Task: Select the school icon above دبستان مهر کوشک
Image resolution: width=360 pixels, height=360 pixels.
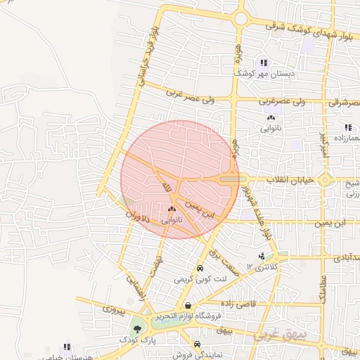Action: point(264,63)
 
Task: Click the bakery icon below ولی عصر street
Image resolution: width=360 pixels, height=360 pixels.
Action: point(271,118)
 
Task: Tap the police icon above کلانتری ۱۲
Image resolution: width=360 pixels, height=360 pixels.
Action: point(262,257)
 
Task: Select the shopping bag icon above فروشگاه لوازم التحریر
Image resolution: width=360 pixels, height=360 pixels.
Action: point(188,305)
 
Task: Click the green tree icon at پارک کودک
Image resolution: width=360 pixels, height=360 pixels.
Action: point(137,328)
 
